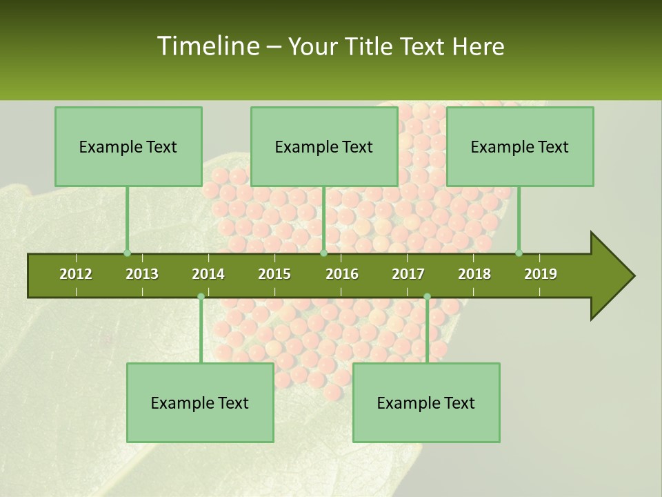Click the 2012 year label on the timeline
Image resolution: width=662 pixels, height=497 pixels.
tap(76, 274)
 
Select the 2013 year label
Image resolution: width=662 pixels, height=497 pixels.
tap(142, 274)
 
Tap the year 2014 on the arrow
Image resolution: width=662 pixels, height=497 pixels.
tap(208, 274)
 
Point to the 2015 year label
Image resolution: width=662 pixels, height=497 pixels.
tap(274, 274)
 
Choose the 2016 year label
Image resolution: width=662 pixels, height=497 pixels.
tap(342, 274)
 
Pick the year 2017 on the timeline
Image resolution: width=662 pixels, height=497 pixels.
tap(408, 274)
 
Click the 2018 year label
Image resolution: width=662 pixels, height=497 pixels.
tap(474, 274)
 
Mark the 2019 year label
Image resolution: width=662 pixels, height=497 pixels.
tap(541, 274)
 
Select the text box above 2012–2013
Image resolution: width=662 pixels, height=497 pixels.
tap(128, 146)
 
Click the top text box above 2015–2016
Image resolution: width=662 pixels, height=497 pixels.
tap(324, 146)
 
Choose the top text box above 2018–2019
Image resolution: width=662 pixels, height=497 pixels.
tap(520, 146)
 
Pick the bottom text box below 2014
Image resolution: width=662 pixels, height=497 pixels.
tap(200, 402)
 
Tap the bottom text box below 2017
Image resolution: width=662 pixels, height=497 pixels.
tap(426, 402)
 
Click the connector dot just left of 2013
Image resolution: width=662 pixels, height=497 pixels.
tap(127, 253)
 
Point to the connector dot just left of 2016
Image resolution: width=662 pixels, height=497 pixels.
tap(324, 253)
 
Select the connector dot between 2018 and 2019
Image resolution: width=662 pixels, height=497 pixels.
tap(519, 253)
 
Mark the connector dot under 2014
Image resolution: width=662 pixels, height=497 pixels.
tap(201, 297)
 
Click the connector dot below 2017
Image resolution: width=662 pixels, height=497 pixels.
tap(427, 297)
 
